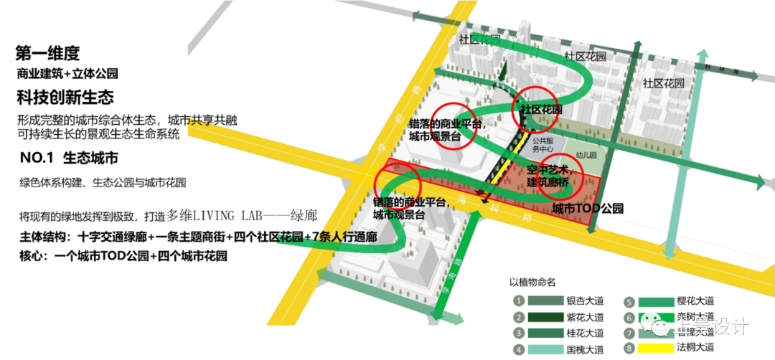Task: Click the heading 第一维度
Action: pyautogui.click(x=47, y=53)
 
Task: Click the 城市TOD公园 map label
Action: pyautogui.click(x=587, y=209)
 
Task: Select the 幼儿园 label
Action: pyautogui.click(x=588, y=154)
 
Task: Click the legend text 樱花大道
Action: pyautogui.click(x=695, y=302)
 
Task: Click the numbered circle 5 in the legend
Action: pyautogui.click(x=629, y=302)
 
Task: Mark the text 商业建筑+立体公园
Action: pyautogui.click(x=67, y=74)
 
